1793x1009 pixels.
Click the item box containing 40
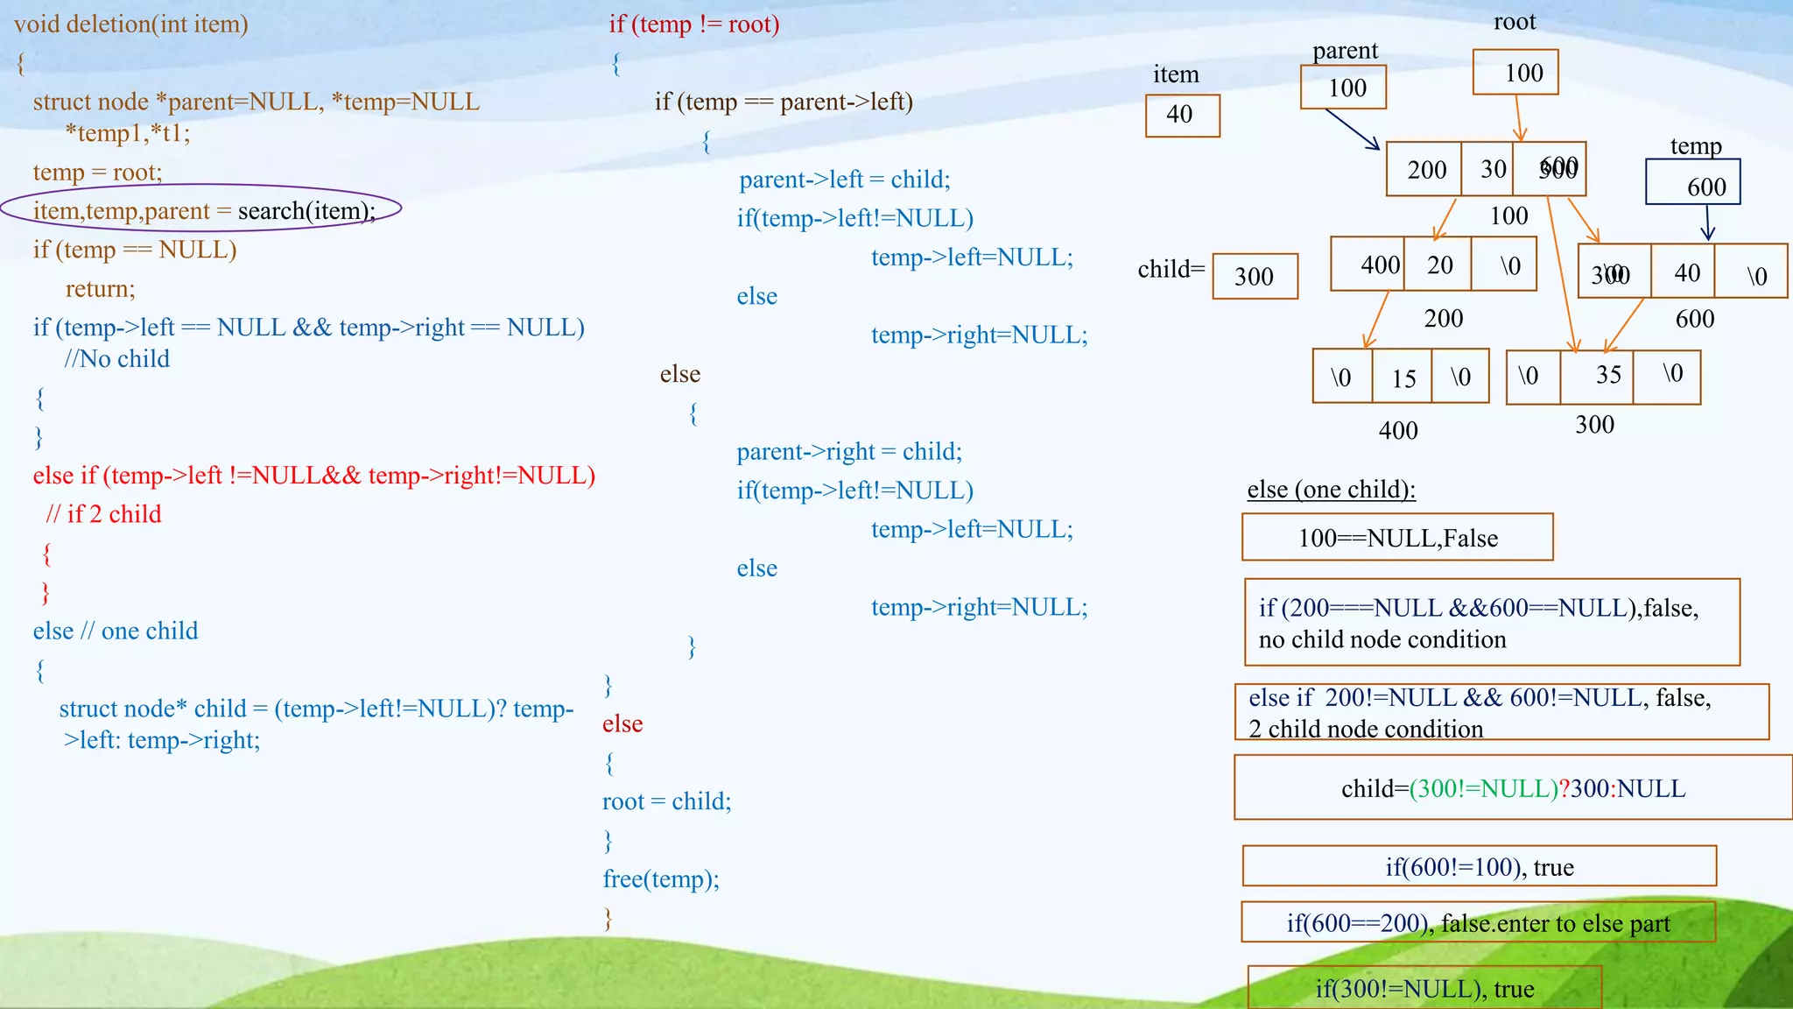tap(1182, 116)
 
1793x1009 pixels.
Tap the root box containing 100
tap(1515, 73)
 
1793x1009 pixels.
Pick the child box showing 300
tap(1255, 277)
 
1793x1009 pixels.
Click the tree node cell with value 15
tap(1403, 377)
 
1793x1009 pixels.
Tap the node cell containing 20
tap(1438, 265)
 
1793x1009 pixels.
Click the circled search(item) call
tap(306, 211)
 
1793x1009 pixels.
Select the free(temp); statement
tap(661, 878)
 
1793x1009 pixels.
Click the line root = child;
tap(666, 801)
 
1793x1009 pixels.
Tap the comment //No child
tap(116, 358)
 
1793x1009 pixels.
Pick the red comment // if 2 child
tap(104, 514)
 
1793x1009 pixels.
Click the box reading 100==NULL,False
tap(1397, 538)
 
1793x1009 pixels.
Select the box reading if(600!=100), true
tap(1479, 866)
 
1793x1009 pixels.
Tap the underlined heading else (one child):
tap(1331, 489)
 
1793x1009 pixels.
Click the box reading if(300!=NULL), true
tap(1424, 988)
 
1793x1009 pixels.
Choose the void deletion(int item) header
tap(131, 24)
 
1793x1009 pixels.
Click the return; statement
tap(100, 289)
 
